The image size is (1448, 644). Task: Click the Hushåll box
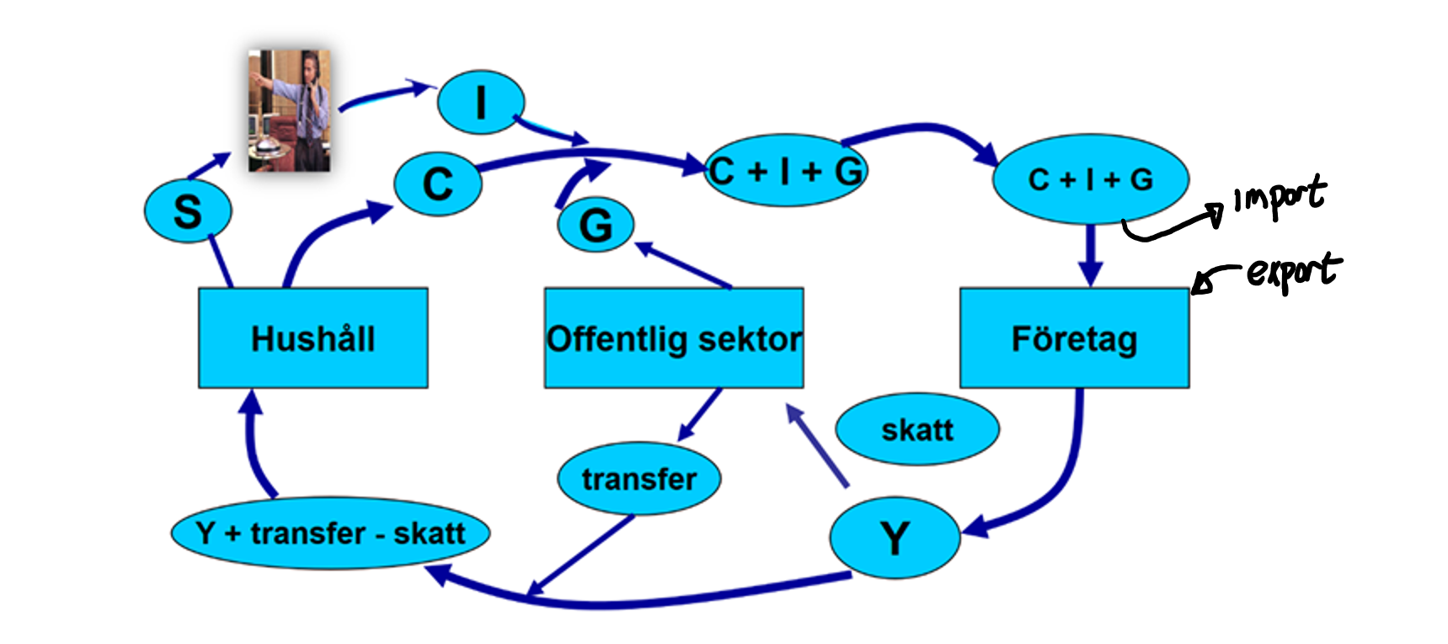[313, 338]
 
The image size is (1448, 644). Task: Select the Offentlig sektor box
[674, 338]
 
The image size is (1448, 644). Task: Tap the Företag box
[1074, 338]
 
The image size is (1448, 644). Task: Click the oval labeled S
[187, 211]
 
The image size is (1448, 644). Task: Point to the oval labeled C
[438, 184]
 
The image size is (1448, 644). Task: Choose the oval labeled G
[596, 225]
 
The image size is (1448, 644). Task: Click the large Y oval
[895, 537]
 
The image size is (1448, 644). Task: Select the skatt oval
[917, 429]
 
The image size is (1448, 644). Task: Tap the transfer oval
[639, 478]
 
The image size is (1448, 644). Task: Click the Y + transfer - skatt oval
[330, 533]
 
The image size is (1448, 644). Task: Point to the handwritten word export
[1293, 271]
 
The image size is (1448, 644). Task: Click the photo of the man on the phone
[289, 110]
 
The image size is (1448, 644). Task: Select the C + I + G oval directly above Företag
[1091, 179]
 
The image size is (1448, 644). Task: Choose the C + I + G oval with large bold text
[785, 171]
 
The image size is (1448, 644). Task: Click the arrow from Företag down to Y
[1066, 480]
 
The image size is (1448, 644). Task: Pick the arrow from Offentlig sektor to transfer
[701, 412]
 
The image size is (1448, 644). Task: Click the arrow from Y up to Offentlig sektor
[817, 446]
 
